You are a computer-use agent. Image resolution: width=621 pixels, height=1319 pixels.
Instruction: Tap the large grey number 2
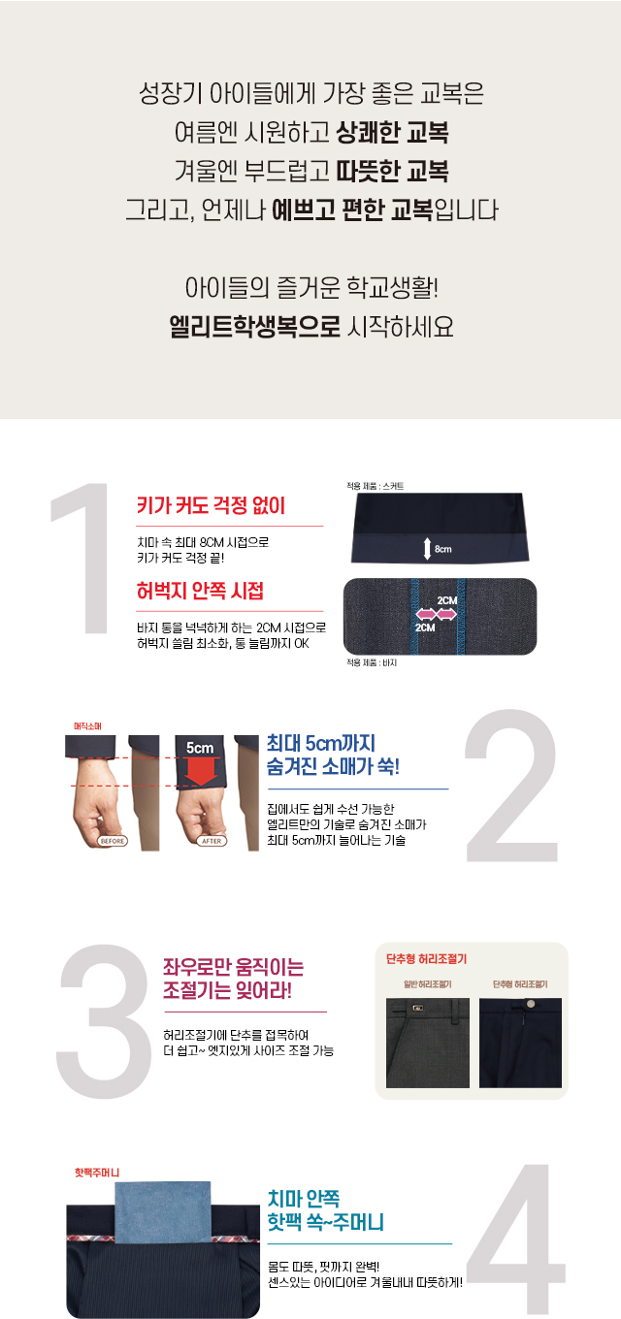pyautogui.click(x=511, y=786)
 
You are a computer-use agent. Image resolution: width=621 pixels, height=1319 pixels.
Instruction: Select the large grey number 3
pyautogui.click(x=104, y=1013)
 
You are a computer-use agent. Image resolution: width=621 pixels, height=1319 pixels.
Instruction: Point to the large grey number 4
pyautogui.click(x=515, y=1239)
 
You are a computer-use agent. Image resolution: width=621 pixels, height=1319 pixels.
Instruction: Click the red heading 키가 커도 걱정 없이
pyautogui.click(x=211, y=506)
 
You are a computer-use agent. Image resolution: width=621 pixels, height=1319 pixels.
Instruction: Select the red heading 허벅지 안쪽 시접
pyautogui.click(x=200, y=591)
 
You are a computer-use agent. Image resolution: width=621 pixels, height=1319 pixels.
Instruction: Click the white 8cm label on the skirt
pyautogui.click(x=443, y=549)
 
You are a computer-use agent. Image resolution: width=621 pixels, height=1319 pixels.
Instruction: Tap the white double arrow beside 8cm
pyautogui.click(x=427, y=549)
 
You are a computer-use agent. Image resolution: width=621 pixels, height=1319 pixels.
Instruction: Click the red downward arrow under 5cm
pyautogui.click(x=201, y=772)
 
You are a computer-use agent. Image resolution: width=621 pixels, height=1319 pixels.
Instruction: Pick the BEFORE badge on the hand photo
pyautogui.click(x=112, y=841)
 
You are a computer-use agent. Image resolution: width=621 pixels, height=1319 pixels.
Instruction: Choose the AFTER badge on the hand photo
pyautogui.click(x=212, y=841)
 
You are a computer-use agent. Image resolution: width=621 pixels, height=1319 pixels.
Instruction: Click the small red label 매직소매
pyautogui.click(x=87, y=726)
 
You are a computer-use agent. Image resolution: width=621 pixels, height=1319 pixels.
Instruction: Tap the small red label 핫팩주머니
pyautogui.click(x=97, y=1173)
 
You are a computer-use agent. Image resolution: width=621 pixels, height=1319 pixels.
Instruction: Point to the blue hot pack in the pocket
pyautogui.click(x=162, y=1210)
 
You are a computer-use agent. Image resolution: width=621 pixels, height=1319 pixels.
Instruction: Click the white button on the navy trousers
pyautogui.click(x=530, y=1003)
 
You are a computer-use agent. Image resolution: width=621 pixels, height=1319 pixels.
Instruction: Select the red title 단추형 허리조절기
pyautogui.click(x=427, y=959)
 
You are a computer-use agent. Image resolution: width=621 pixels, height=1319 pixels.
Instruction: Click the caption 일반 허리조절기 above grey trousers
pyautogui.click(x=428, y=984)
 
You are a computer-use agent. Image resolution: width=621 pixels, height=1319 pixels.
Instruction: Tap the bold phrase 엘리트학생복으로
pyautogui.click(x=255, y=326)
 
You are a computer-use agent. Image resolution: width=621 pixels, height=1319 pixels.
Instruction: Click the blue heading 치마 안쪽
pyautogui.click(x=304, y=1198)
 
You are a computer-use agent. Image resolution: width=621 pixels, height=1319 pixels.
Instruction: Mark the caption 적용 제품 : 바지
pyautogui.click(x=372, y=662)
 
